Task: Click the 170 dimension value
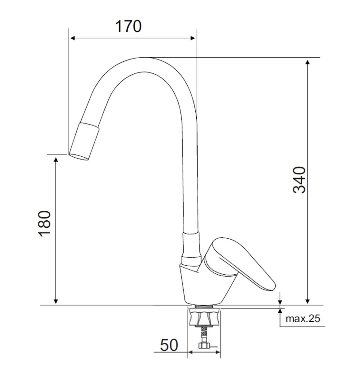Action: tap(128, 26)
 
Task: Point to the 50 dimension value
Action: tap(169, 345)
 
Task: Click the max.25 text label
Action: tap(303, 319)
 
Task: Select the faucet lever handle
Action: tap(242, 264)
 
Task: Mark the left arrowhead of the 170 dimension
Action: tap(73, 38)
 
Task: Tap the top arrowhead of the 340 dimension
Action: tap(307, 62)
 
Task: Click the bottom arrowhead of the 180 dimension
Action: tap(56, 301)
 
